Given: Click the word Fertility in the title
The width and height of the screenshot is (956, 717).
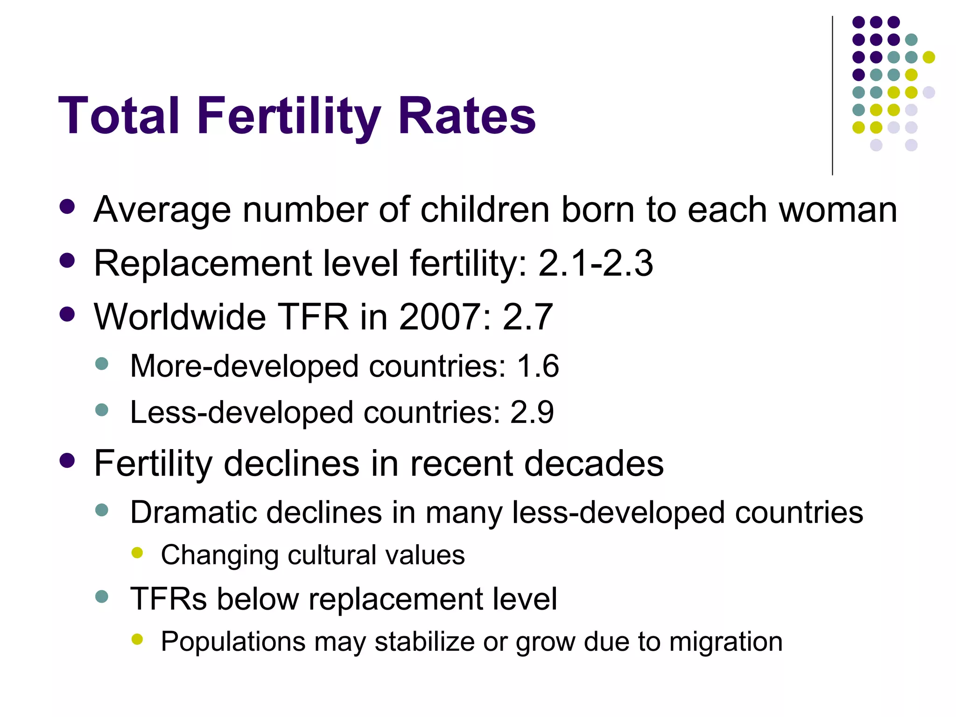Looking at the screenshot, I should click(288, 117).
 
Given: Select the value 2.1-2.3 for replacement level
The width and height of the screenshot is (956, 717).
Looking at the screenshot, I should click(596, 263).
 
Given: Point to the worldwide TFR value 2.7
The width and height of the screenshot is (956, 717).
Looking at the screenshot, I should click(527, 317).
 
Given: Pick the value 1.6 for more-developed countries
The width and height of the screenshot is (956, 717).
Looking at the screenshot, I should click(538, 366).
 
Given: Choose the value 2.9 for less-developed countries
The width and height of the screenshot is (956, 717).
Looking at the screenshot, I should click(532, 413).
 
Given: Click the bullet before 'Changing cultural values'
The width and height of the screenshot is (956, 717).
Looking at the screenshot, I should click(137, 553).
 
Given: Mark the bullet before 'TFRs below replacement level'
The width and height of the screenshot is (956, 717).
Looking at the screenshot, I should click(101, 597).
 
